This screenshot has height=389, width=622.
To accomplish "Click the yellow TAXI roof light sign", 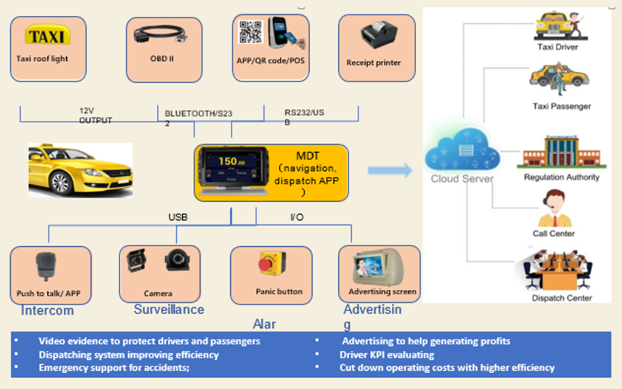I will click(x=47, y=36).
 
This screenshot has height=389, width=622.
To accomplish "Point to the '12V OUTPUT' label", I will click(x=96, y=116).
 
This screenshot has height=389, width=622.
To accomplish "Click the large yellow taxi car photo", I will click(x=80, y=170).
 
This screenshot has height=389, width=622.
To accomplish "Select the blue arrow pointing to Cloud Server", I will click(x=389, y=171).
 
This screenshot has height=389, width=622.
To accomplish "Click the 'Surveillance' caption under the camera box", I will click(x=169, y=310).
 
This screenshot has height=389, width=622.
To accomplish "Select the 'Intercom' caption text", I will click(x=47, y=311).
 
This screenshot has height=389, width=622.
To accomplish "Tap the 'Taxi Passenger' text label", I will click(x=561, y=106).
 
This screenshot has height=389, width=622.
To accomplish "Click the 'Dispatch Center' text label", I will click(x=562, y=298).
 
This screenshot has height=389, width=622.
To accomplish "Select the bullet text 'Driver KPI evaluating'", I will click(x=387, y=354).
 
